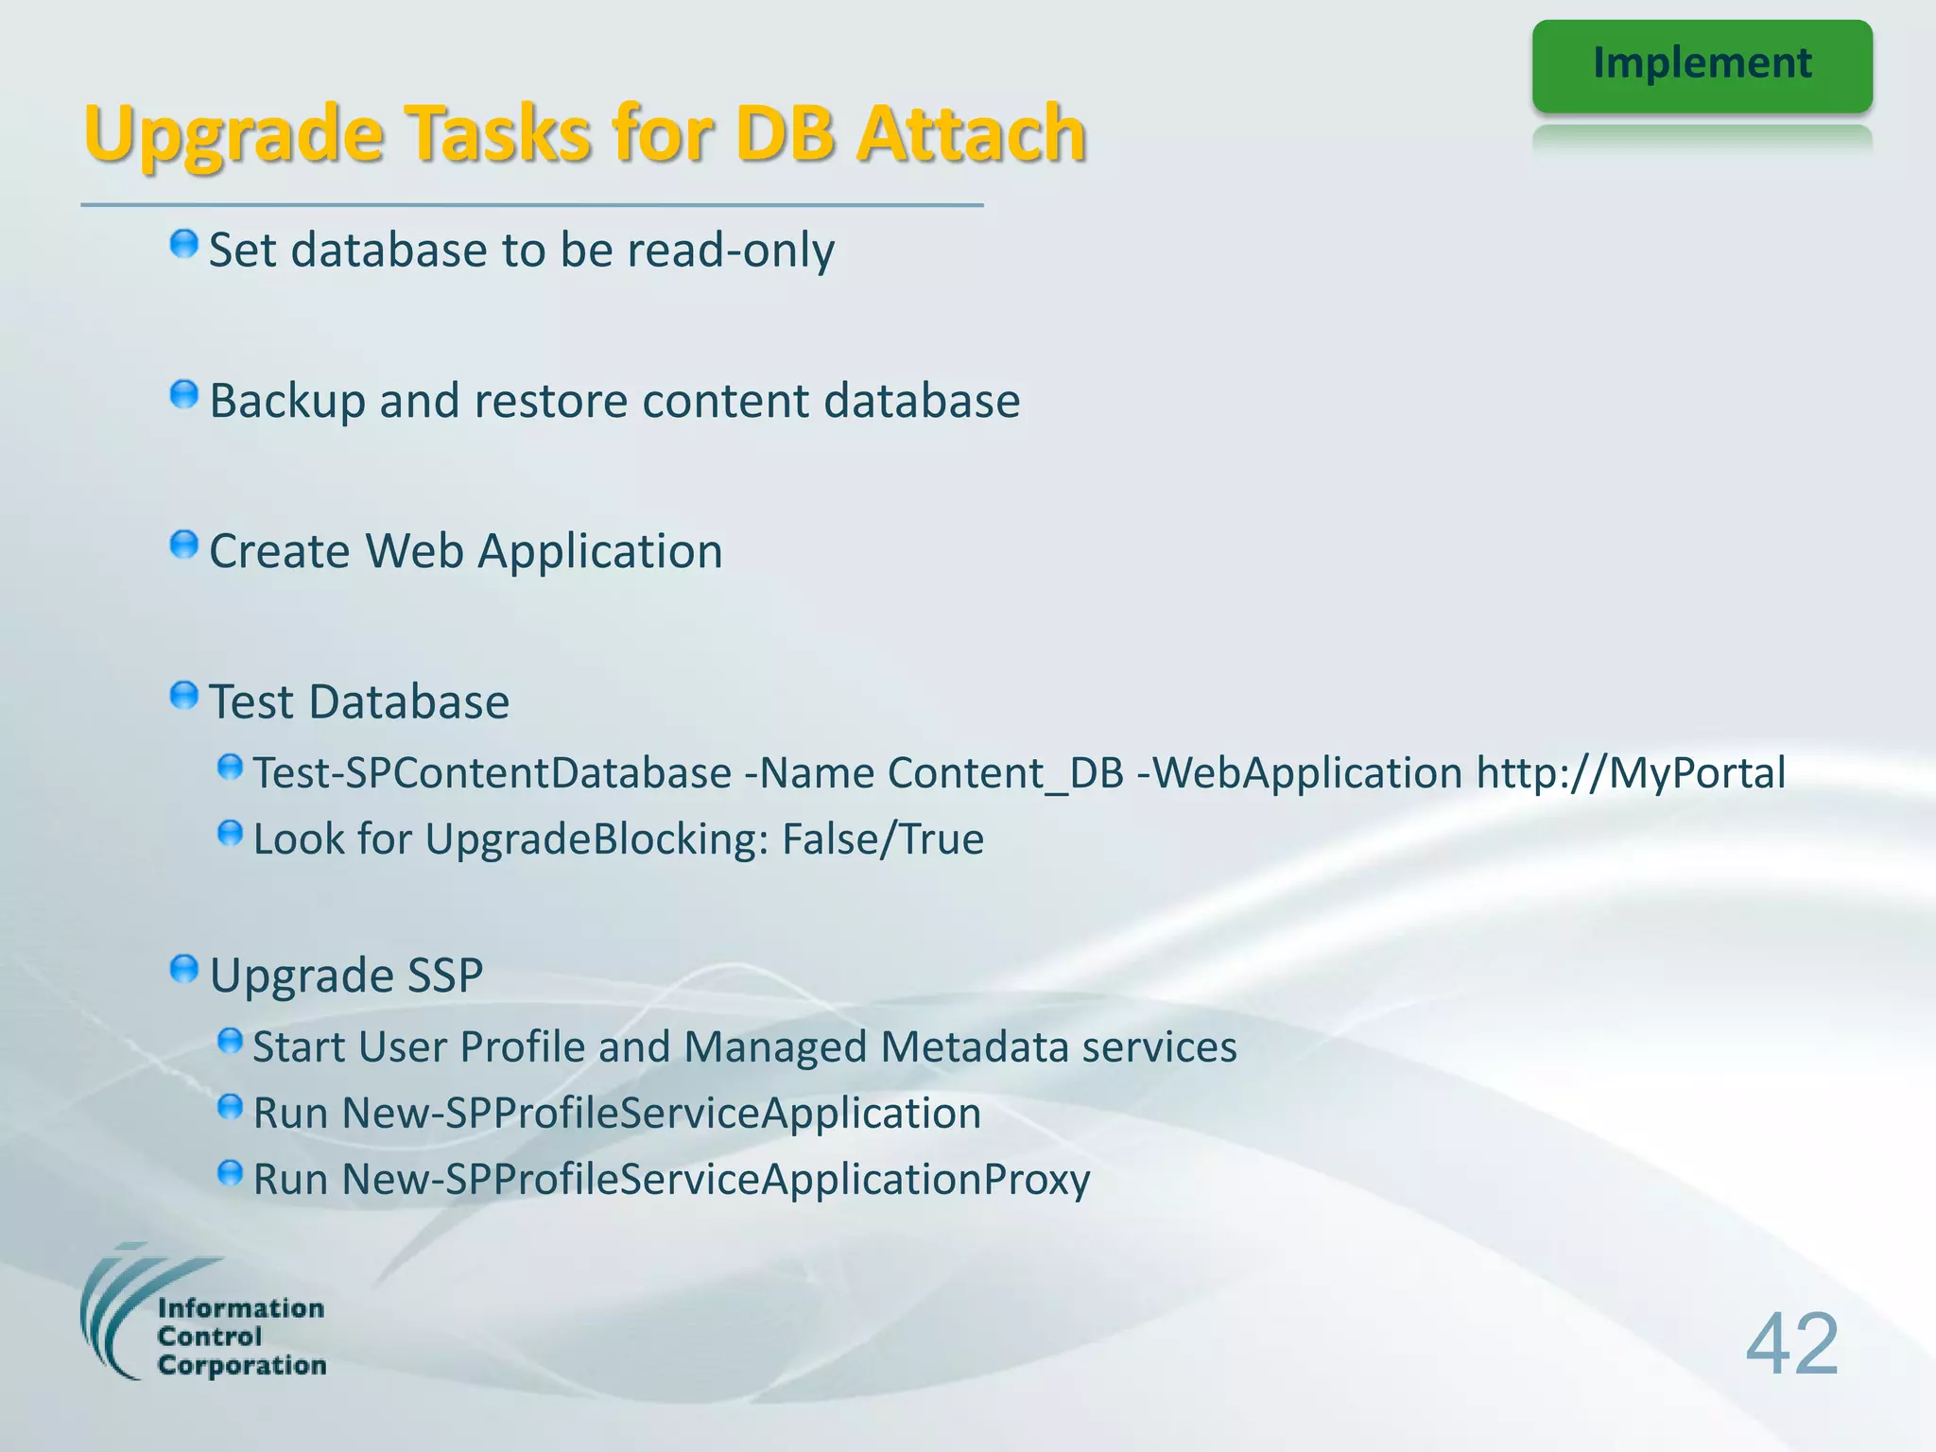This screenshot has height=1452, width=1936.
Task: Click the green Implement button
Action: pyautogui.click(x=1702, y=65)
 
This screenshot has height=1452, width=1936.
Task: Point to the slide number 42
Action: pyautogui.click(x=1791, y=1343)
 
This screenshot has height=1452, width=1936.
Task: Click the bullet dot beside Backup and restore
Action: pyautogui.click(x=183, y=395)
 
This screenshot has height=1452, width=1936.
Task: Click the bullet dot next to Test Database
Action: pyautogui.click(x=183, y=697)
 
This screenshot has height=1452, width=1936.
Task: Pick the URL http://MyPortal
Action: pyautogui.click(x=1631, y=773)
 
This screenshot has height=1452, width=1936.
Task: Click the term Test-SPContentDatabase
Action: pyautogui.click(x=493, y=773)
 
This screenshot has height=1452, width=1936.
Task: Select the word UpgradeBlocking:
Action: pyautogui.click(x=597, y=839)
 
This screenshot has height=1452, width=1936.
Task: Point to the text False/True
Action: pyautogui.click(x=883, y=839)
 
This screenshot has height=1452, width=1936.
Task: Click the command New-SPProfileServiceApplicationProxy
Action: pyautogui.click(x=716, y=1180)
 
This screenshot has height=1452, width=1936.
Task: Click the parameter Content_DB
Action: pyautogui.click(x=1006, y=773)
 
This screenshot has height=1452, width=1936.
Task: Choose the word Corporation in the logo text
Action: pyautogui.click(x=242, y=1366)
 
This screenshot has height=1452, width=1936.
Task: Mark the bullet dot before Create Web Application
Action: pyautogui.click(x=183, y=545)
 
